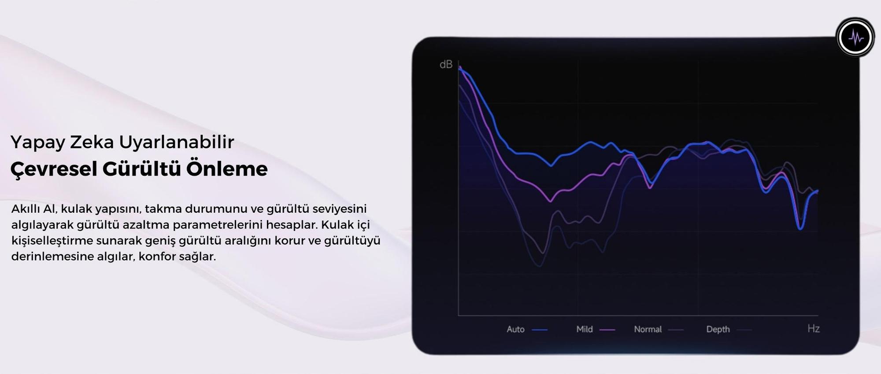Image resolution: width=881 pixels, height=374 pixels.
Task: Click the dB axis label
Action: pos(446,65)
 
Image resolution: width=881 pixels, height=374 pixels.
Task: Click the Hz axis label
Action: pos(813,329)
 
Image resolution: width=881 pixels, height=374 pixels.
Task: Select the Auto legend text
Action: pos(515,329)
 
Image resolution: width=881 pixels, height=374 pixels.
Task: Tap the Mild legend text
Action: pos(585,329)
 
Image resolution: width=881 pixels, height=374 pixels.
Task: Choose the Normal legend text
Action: pos(648,329)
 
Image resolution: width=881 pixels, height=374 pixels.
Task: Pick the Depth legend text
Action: pos(718,329)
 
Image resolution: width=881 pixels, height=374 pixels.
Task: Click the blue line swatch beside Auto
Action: pos(540,330)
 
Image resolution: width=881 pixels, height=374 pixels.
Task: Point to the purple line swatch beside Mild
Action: pos(607,330)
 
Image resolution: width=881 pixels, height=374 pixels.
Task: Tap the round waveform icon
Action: pos(855,37)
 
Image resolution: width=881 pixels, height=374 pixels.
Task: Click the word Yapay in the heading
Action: pos(38,143)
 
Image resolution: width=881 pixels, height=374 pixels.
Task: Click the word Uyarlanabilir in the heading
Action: pos(177,142)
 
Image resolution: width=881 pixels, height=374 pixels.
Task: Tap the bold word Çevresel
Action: pos(53,169)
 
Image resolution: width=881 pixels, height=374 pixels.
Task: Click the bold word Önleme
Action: pos(227,169)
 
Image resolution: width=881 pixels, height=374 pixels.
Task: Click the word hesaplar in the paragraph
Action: pos(291,224)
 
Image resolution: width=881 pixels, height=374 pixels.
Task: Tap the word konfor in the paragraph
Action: pos(157,256)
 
